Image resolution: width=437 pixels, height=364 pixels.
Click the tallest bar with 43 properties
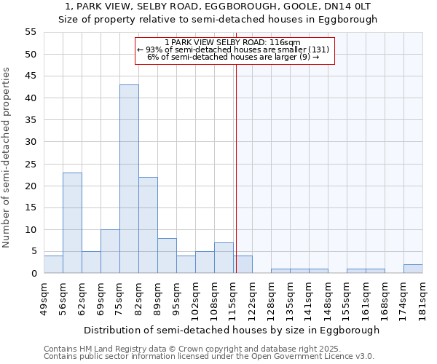point(129,179)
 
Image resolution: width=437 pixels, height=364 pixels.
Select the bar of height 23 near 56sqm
point(72,223)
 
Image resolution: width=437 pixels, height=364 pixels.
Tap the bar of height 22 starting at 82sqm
point(148,225)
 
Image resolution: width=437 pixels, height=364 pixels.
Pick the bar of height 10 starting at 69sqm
point(110,251)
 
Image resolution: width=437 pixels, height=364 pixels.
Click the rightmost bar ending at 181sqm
point(413,269)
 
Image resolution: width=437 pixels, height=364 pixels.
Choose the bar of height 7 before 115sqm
point(224,258)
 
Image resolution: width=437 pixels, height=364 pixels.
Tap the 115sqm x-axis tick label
point(234,299)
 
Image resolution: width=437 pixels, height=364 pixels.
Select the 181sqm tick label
point(423,299)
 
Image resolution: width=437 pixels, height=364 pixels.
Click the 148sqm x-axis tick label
point(328,299)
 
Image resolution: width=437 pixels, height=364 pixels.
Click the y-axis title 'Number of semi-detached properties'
point(7,157)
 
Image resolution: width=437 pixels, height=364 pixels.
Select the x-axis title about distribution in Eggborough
point(232,330)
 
